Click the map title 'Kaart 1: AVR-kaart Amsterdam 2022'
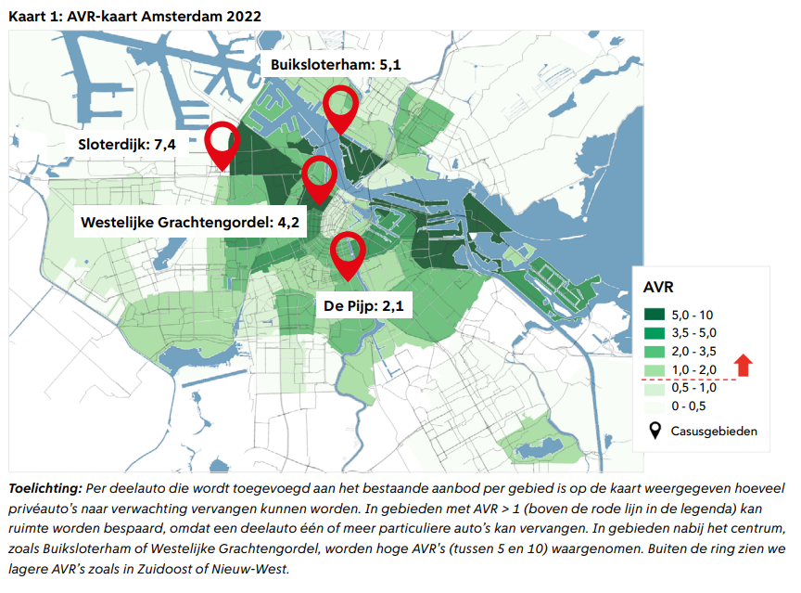coord(134,17)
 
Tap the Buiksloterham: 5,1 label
coord(336,65)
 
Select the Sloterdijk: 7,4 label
coord(126,144)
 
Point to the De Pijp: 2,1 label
coord(363,304)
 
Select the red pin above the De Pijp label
coord(348,251)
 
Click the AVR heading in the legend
coord(661,285)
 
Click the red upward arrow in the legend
coord(744,364)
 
